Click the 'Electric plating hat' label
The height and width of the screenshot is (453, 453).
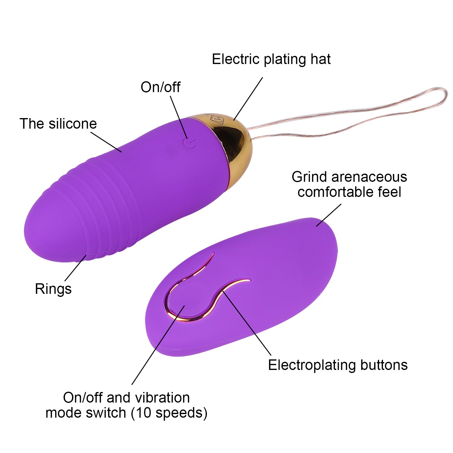[271, 59]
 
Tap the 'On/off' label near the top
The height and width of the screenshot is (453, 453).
[160, 87]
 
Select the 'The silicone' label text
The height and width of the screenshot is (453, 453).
[58, 124]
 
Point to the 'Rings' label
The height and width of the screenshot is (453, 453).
[53, 289]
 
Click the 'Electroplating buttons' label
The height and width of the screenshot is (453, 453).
[338, 365]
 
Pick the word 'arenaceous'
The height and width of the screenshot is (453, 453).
[369, 177]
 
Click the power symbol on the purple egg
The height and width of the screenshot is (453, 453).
[190, 143]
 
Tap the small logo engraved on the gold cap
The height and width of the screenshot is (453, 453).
[217, 119]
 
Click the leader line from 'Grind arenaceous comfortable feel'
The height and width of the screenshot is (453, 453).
[329, 215]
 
